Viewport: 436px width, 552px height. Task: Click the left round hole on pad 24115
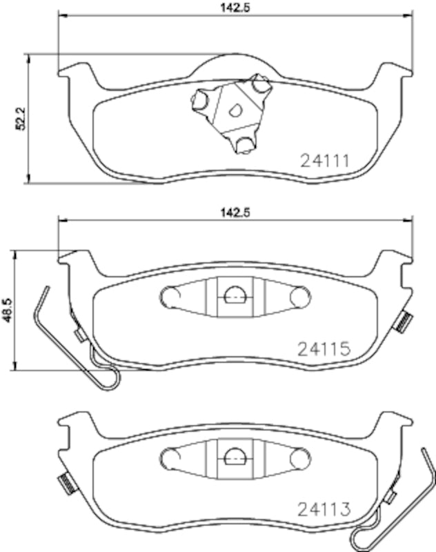pos(168,297)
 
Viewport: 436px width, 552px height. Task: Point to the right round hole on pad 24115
pos(299,297)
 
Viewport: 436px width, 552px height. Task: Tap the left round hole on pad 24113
pos(168,457)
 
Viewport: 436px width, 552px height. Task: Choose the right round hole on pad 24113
pos(299,457)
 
